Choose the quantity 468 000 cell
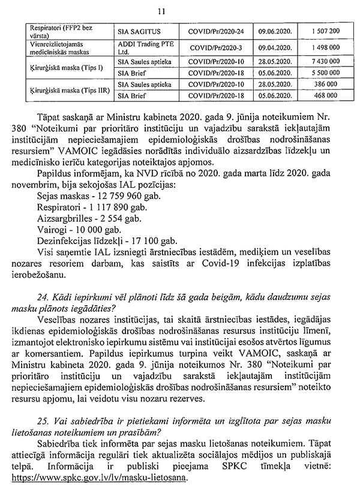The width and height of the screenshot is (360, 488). (x=326, y=95)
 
